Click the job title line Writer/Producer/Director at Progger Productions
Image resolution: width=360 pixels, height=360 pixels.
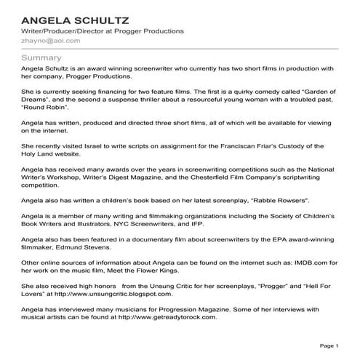101,31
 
